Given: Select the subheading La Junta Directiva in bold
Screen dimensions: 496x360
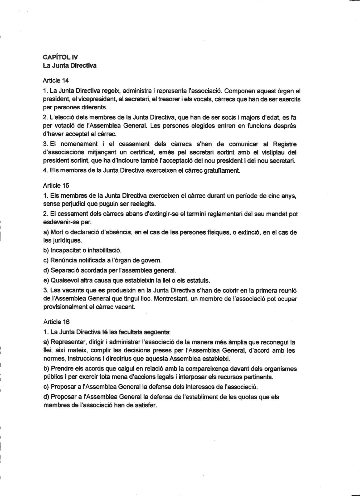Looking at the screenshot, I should (70, 66).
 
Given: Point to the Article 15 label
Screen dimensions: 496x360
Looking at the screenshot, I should (56, 186).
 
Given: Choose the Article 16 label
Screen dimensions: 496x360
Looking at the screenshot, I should (56, 322).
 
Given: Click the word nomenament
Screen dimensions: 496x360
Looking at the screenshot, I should (79, 144).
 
